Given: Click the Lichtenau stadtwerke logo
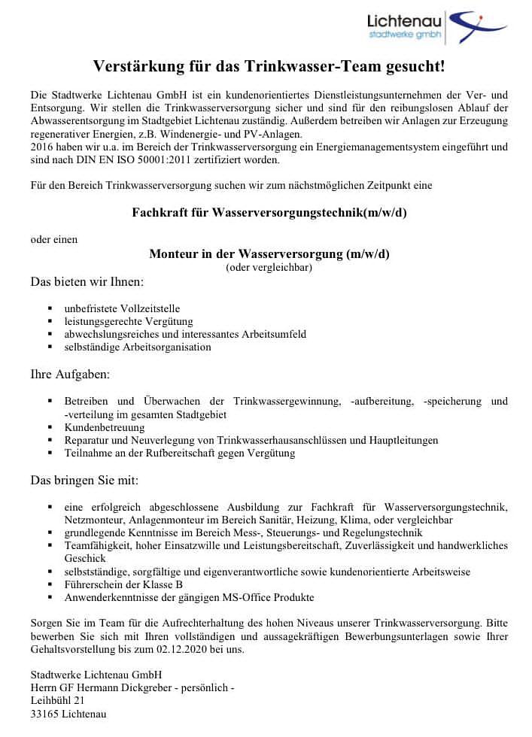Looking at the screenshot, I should pos(436,28).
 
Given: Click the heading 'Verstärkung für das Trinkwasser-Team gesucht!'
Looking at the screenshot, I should pos(269,67).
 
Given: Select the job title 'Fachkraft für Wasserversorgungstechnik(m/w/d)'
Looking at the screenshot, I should pos(269,212).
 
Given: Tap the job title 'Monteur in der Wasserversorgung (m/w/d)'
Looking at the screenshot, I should pos(269,253).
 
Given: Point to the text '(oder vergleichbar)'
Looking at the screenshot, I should pos(269,267).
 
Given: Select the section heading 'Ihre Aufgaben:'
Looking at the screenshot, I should pos(70,374).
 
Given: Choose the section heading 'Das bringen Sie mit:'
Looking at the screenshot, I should pos(84,479).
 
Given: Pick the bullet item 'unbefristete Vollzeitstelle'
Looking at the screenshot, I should pos(122,308).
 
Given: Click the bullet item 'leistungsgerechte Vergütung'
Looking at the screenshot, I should pos(129,321).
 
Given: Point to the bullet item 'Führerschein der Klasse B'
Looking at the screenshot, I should pos(123,584).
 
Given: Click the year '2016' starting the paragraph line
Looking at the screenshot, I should pos(42,147).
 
